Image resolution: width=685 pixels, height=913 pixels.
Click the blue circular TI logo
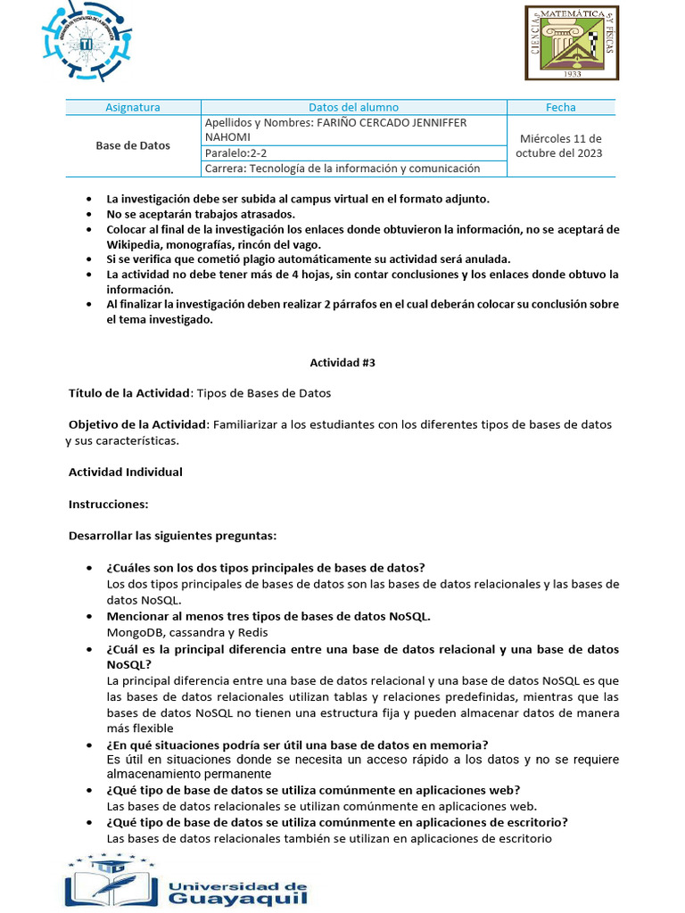[85, 42]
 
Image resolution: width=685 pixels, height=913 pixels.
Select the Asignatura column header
[133, 107]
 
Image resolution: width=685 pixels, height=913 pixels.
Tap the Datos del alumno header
[353, 107]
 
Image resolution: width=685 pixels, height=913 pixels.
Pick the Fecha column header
[561, 107]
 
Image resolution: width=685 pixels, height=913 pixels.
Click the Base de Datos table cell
[133, 145]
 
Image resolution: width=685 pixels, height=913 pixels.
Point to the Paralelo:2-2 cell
[235, 153]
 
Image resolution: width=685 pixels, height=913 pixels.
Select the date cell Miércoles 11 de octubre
[561, 145]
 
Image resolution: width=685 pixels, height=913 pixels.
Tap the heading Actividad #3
[342, 363]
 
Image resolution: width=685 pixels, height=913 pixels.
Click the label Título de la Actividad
[130, 393]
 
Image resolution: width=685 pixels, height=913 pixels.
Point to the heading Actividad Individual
[126, 472]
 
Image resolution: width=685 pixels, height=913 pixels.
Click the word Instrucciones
[108, 504]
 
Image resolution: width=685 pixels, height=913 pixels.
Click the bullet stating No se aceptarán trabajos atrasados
[200, 214]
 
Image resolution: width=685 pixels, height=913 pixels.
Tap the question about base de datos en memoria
[297, 744]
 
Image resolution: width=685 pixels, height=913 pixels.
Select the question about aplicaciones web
[313, 790]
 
